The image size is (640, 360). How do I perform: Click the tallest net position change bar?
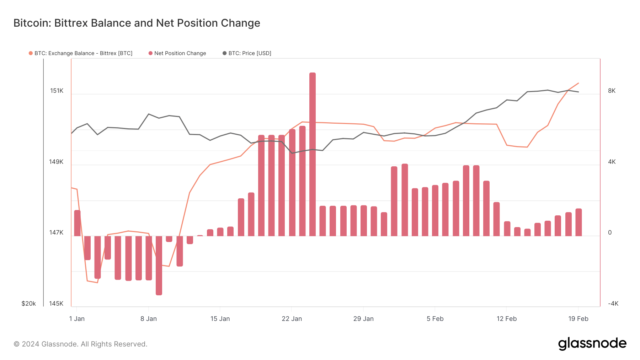coord(312,154)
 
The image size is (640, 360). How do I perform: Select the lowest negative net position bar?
coord(159,265)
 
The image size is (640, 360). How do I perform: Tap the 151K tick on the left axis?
coord(57,91)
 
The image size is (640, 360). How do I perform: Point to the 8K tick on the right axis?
coord(612,91)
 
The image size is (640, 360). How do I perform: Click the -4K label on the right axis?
coord(613,303)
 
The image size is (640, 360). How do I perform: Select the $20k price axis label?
coord(28,303)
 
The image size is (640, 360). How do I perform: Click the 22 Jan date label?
coord(292,319)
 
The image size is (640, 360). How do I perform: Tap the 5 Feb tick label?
coord(435,319)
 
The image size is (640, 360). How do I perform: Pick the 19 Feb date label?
coord(578,319)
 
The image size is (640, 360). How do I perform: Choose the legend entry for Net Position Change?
coord(180,53)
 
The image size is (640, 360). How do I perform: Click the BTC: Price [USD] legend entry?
coord(250,53)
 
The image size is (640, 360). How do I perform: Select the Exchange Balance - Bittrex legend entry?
coord(83,53)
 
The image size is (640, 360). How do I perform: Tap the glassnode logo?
coord(592,344)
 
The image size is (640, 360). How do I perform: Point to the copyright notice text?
coord(80,344)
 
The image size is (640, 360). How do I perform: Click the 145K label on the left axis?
coord(56,303)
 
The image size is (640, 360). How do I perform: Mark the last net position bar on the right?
coord(578,222)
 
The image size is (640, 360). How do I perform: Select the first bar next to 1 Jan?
coord(77,223)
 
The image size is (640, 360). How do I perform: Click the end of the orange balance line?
coord(578,83)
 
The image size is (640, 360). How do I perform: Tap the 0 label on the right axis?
coord(610,232)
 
